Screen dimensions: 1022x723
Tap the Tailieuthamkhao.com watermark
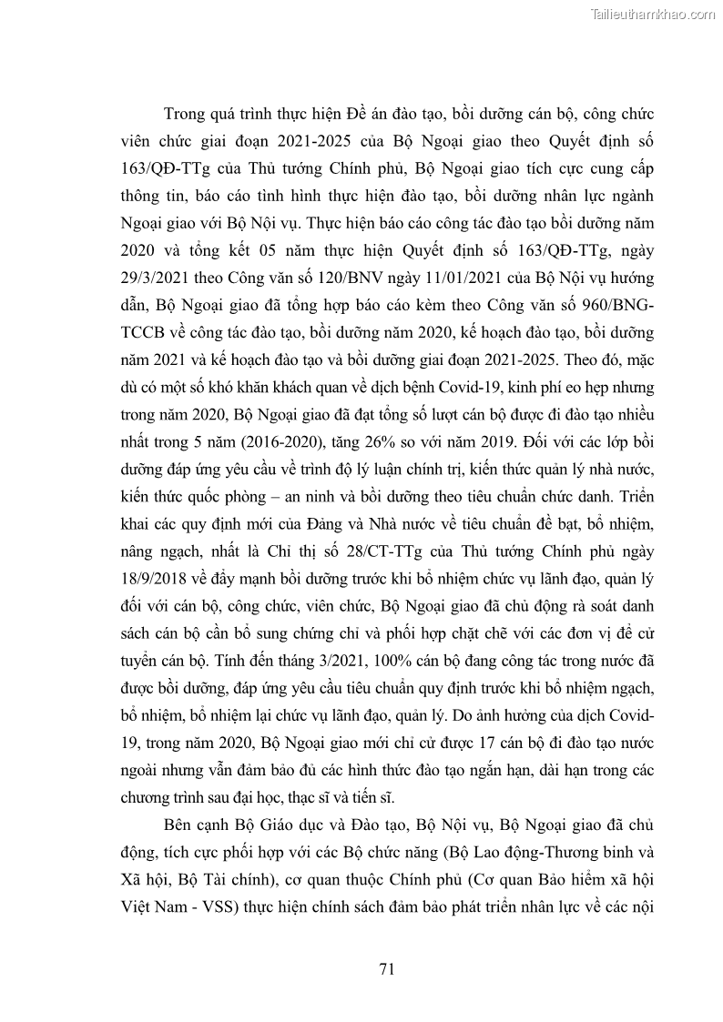[654, 14]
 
